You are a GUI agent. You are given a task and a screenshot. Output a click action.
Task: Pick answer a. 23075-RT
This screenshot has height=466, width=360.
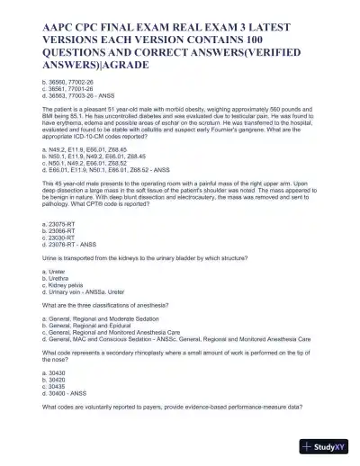click(x=59, y=222)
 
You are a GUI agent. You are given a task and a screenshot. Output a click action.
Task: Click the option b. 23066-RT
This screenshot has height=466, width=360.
click(x=59, y=229)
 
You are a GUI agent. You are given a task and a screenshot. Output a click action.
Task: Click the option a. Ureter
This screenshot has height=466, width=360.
click(x=52, y=273)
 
